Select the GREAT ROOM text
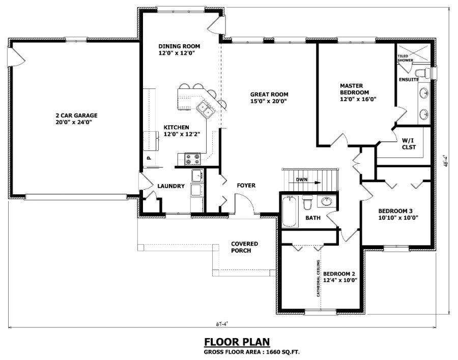269,98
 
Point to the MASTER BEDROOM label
355,93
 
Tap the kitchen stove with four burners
193,159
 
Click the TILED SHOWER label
406,58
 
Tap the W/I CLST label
409,143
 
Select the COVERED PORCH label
244,247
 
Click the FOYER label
246,186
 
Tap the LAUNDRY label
170,186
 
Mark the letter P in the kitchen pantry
149,158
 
